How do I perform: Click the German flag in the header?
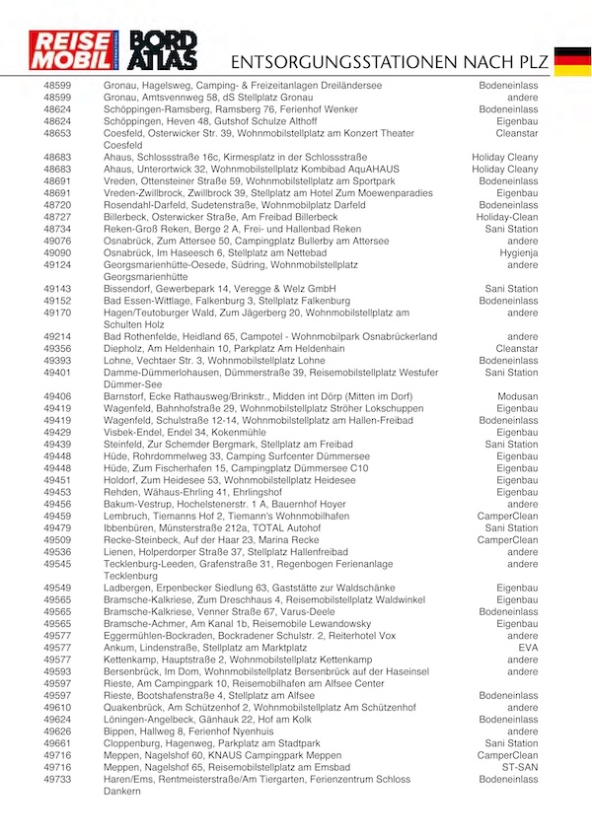coord(572,60)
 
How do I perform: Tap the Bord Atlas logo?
coord(165,51)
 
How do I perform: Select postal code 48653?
coord(57,133)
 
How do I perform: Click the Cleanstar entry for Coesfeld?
coord(517,133)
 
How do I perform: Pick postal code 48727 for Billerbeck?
coord(57,217)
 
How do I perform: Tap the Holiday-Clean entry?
coord(507,217)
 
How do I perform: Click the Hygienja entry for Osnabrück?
coord(519,252)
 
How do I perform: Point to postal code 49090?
coord(57,252)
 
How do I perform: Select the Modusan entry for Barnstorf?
coord(518,396)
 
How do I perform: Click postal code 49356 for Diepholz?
coord(57,348)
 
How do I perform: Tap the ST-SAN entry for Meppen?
coord(520,767)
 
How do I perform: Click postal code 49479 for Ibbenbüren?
coord(57,527)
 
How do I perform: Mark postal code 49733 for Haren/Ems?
coord(57,779)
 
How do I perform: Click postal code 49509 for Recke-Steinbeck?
coord(57,540)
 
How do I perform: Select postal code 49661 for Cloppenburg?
coord(57,743)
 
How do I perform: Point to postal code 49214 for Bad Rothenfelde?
coord(57,336)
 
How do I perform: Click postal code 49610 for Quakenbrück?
coord(57,707)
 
